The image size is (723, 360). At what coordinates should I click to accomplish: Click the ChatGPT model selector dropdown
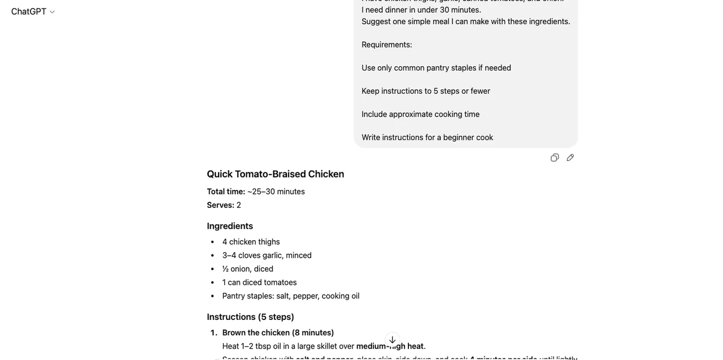[33, 11]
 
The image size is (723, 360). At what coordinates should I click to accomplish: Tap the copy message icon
[555, 158]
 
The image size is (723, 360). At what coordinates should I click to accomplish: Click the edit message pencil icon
[570, 158]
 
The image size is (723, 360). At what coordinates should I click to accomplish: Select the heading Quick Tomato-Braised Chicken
[275, 174]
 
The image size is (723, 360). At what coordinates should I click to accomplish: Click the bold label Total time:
[226, 192]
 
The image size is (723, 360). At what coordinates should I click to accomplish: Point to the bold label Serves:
[220, 205]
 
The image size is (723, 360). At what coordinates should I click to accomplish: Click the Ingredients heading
[230, 226]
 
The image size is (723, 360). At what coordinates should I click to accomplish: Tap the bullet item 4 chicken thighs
[251, 242]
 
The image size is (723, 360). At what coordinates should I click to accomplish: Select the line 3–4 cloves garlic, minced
[267, 255]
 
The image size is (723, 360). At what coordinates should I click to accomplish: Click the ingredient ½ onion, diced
[247, 269]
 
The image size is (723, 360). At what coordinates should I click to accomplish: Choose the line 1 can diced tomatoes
[259, 283]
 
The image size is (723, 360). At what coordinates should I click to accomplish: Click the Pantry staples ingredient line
[290, 296]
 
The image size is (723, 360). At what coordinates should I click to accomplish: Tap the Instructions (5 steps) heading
[250, 317]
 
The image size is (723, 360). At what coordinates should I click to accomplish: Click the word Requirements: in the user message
[387, 45]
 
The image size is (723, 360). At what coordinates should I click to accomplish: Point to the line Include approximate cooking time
[420, 114]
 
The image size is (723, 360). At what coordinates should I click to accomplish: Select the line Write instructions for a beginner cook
[427, 137]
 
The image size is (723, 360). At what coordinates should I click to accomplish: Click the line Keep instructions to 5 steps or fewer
[426, 91]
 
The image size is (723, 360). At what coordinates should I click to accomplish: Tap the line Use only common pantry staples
[436, 68]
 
